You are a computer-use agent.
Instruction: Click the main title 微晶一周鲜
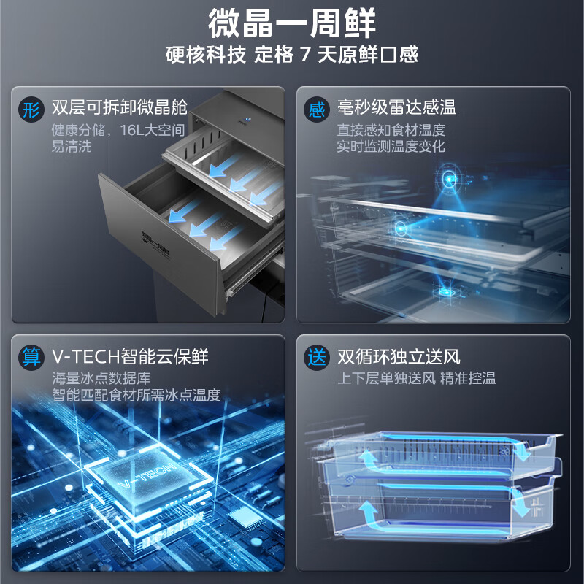(x=291, y=23)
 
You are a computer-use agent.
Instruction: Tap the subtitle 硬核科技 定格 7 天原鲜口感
(x=292, y=54)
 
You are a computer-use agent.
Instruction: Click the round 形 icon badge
(x=31, y=110)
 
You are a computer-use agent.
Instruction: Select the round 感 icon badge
(x=317, y=110)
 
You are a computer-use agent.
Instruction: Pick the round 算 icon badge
(x=31, y=357)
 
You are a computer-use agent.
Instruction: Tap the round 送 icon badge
(x=317, y=357)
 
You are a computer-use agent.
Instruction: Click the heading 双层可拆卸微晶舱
(x=120, y=107)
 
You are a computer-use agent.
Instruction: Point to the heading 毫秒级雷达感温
(x=396, y=107)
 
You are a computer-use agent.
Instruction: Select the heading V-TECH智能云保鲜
(x=130, y=356)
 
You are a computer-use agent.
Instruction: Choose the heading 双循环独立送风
(x=399, y=356)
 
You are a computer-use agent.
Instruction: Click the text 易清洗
(x=72, y=147)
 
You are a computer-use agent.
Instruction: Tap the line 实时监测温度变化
(x=391, y=147)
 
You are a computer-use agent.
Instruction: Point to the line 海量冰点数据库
(x=101, y=378)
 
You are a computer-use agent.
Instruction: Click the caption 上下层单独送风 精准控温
(x=416, y=378)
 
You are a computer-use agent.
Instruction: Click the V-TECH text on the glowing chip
(x=147, y=474)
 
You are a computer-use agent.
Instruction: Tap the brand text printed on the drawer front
(x=155, y=245)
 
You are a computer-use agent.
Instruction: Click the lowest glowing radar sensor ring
(x=445, y=292)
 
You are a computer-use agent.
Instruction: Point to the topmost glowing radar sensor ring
(x=449, y=179)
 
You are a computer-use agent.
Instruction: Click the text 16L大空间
(x=153, y=130)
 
